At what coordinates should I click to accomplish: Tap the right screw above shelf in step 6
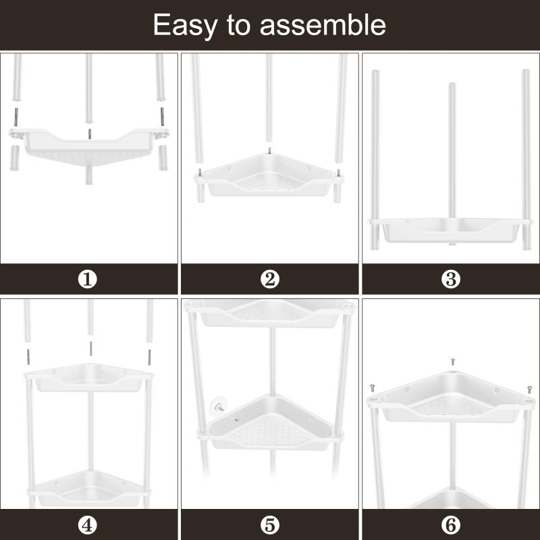click(x=530, y=389)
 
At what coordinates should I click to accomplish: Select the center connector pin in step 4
click(x=90, y=348)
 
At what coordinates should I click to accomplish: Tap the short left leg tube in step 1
click(x=15, y=158)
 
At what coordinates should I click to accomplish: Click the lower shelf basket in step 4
click(x=88, y=489)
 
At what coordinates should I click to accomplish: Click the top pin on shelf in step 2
click(x=269, y=151)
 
